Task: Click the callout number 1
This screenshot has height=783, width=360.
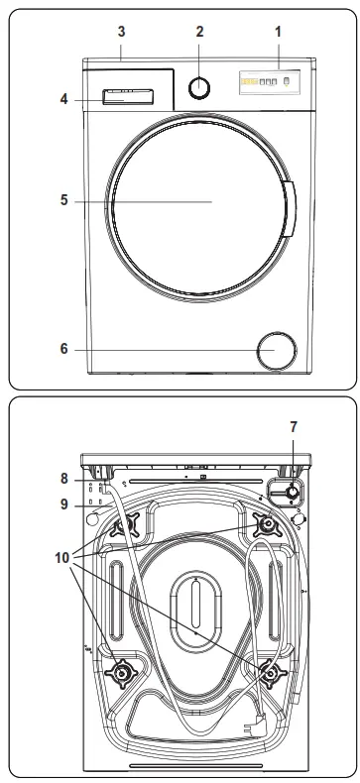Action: click(x=279, y=31)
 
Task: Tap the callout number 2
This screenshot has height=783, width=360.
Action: click(x=199, y=31)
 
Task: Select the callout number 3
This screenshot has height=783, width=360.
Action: click(x=121, y=31)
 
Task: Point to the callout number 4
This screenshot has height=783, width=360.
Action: click(x=62, y=98)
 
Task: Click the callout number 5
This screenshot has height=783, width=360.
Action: click(x=62, y=200)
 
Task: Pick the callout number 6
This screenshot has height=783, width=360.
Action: click(x=62, y=349)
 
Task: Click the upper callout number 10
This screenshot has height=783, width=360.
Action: click(x=64, y=545)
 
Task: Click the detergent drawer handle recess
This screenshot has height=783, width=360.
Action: click(x=125, y=96)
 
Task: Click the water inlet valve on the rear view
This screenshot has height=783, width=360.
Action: click(x=292, y=493)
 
